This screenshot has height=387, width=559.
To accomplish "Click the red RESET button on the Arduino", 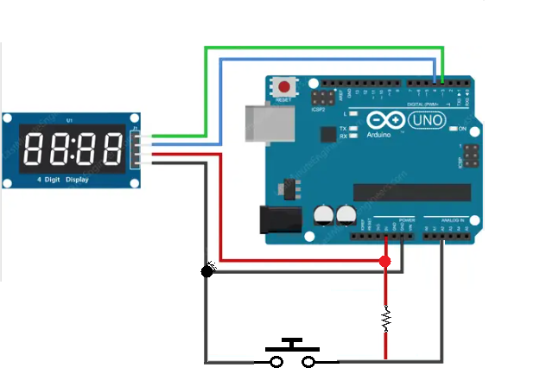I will point(283,86).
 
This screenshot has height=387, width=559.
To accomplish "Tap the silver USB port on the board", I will point(257,123).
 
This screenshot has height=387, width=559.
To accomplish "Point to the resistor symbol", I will point(384,320).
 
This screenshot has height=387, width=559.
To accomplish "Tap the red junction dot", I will point(384,261).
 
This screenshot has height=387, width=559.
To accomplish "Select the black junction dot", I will point(206,271).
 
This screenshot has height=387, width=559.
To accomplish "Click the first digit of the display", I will point(34,149).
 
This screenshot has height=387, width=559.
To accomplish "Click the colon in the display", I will point(72,149).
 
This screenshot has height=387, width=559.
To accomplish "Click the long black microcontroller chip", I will point(412,192).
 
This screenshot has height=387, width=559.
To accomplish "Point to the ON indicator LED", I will point(454,130).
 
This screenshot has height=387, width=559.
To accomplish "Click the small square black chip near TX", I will point(327,134).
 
